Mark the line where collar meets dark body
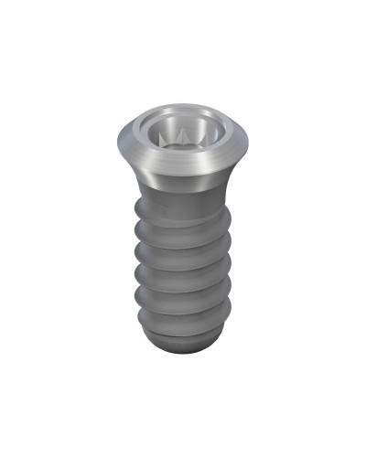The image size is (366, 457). point(183,190)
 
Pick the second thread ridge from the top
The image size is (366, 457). point(183,249)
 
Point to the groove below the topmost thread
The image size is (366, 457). point(183,237)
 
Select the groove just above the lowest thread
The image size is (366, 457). point(183,308)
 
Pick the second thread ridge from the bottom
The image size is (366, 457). point(183,294)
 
